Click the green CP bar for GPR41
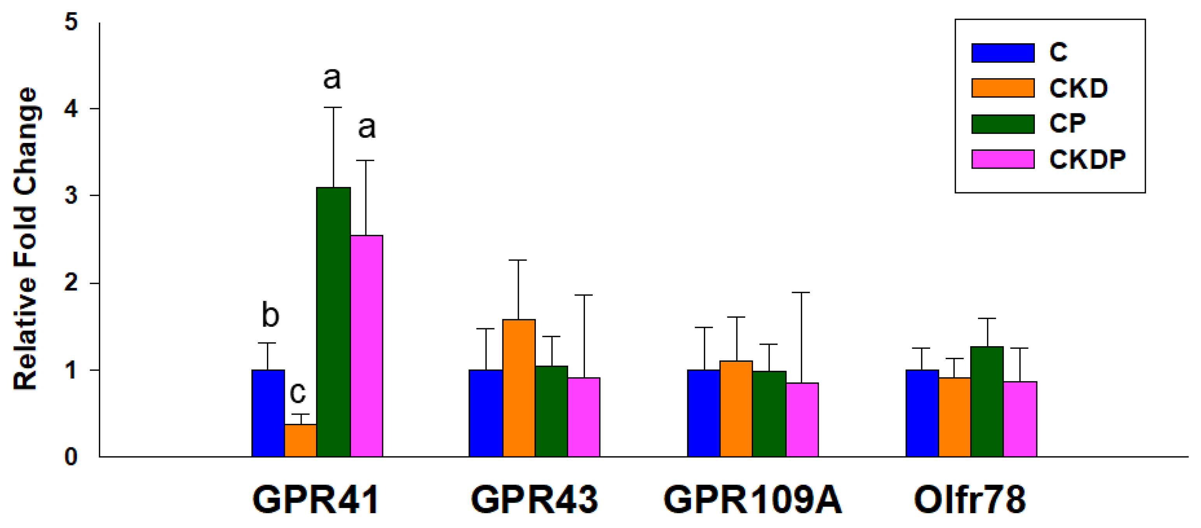[x=334, y=322]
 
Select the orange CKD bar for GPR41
[x=301, y=440]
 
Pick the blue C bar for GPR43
[x=486, y=413]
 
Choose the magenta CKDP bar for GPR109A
[x=802, y=420]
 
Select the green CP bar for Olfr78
[x=987, y=401]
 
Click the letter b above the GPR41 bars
[x=270, y=315]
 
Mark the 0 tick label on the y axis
[x=71, y=457]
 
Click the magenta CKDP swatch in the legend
[x=1003, y=159]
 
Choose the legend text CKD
[x=1078, y=88]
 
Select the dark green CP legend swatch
[x=1003, y=123]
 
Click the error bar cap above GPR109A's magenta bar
[x=801, y=292]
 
